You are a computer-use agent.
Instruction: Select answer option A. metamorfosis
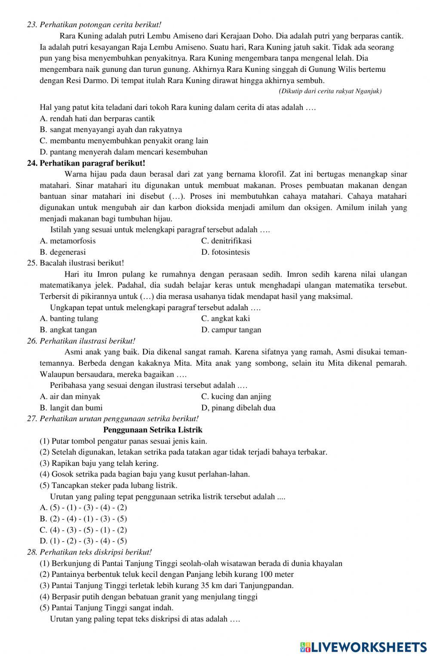point(68,241)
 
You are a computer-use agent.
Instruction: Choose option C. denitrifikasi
point(226,241)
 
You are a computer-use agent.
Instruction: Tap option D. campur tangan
point(231,330)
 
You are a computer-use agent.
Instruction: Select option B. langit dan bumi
point(71,408)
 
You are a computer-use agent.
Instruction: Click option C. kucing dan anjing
point(236,397)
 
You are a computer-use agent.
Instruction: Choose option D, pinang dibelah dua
point(238,408)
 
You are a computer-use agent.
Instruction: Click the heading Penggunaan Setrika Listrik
point(153,430)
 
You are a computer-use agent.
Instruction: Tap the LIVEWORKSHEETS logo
point(363,647)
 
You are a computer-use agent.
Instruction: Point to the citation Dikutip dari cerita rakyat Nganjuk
point(330,91)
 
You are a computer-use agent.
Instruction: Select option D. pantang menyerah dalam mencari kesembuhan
point(123,152)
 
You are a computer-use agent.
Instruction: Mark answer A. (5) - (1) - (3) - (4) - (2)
point(83,508)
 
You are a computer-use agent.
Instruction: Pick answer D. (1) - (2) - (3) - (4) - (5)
point(83,541)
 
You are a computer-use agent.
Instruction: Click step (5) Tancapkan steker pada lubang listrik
point(108,485)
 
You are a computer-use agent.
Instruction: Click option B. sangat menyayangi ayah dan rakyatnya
point(111,129)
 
